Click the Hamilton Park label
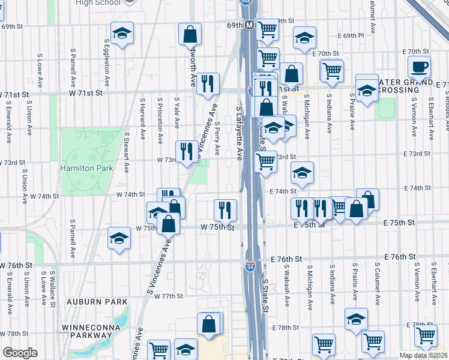click(x=86, y=169)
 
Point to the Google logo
click(x=19, y=353)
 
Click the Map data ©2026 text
click(x=423, y=355)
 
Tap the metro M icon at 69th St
click(x=249, y=26)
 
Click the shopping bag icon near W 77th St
click(x=209, y=324)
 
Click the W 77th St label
click(x=167, y=296)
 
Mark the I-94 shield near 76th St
click(x=250, y=265)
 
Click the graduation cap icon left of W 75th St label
click(x=119, y=238)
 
